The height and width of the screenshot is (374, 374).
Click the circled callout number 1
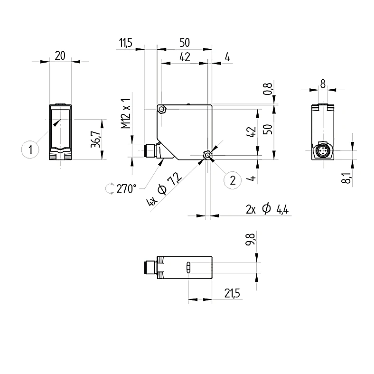click(30, 150)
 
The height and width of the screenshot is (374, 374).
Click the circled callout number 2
click(233, 180)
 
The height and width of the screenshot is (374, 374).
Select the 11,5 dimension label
click(125, 43)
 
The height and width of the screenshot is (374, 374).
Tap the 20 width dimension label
click(60, 56)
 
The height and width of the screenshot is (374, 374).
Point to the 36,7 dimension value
click(96, 139)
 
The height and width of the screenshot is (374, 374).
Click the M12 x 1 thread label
click(126, 113)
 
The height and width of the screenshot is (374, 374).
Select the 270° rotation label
click(126, 189)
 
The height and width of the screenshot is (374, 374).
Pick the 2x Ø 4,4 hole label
click(267, 209)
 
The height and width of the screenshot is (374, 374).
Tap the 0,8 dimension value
click(268, 89)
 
